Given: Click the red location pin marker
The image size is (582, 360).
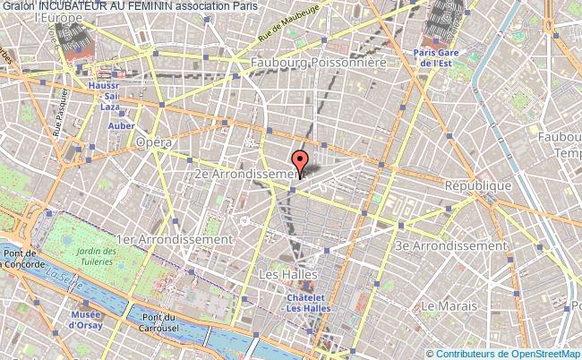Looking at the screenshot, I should (301, 163).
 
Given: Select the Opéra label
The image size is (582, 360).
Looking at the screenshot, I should (153, 141).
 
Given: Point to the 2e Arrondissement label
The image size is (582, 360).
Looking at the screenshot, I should (246, 172).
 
